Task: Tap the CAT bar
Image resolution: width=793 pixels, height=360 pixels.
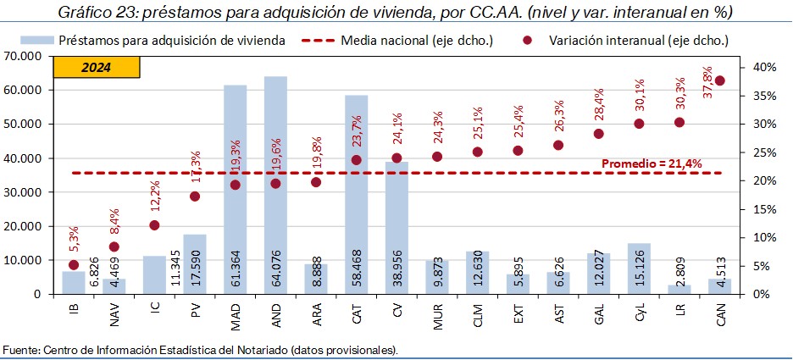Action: point(357,194)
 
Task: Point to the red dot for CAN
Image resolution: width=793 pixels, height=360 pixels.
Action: point(719,80)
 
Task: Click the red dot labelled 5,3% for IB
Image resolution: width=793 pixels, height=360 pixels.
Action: point(73,264)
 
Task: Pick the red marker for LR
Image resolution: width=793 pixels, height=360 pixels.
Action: point(679,122)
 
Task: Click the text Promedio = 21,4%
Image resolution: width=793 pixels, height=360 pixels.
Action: point(651,163)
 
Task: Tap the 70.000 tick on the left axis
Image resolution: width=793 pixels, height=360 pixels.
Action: point(28,56)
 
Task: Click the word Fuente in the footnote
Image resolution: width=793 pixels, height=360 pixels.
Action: point(20,350)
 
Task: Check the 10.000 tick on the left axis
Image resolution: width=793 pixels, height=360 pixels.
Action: point(28,260)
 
